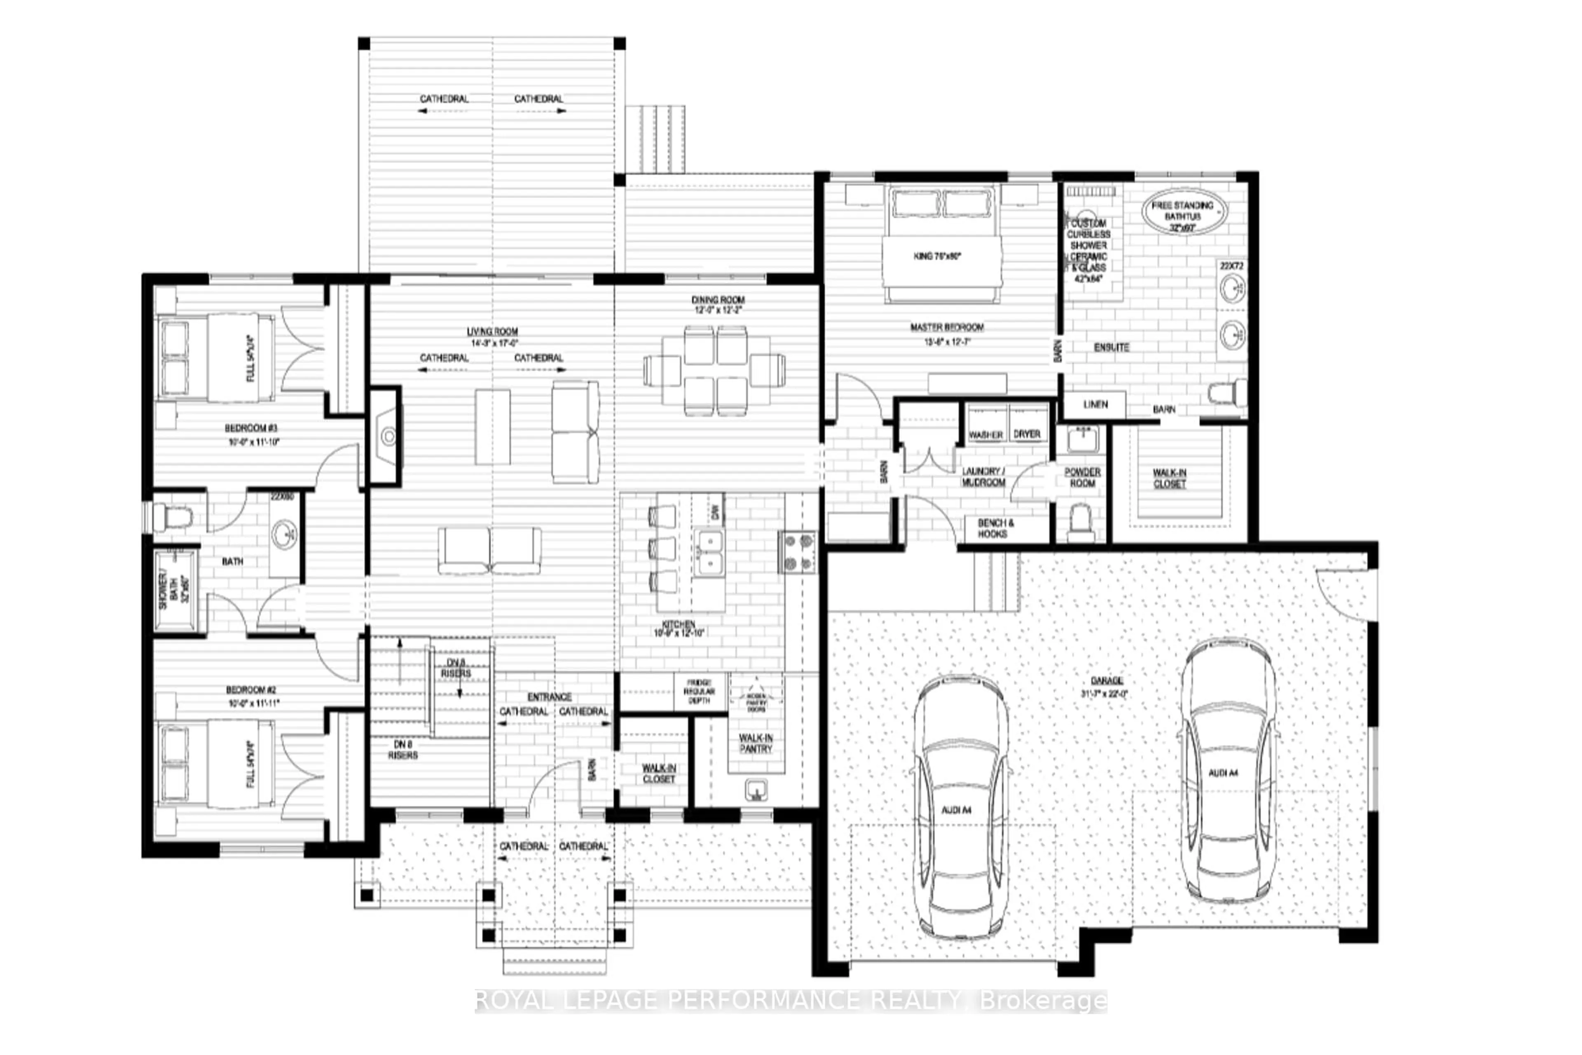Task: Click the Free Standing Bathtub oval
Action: tap(1184, 211)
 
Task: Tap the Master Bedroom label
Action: tap(947, 328)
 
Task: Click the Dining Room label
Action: tap(718, 300)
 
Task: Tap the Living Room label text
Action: tap(492, 332)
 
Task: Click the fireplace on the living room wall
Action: tap(387, 436)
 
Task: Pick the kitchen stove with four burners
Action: tap(798, 552)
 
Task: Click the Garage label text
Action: tap(1107, 681)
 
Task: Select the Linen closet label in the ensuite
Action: tap(1095, 404)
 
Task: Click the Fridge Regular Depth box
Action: tap(700, 692)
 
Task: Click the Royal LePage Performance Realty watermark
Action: tap(790, 1001)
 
